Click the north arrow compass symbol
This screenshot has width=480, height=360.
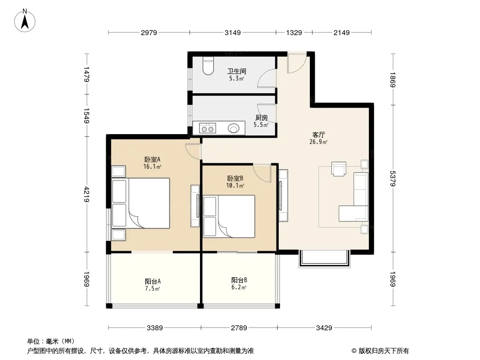(25, 21)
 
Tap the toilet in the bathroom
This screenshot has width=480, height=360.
(208, 66)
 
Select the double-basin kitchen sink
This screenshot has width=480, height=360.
(208, 128)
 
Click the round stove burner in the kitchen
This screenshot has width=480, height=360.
(234, 128)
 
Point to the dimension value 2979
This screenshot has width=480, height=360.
(149, 32)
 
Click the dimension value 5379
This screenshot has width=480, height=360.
(393, 178)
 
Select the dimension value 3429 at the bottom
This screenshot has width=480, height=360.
(324, 328)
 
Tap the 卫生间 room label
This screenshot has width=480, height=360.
(237, 71)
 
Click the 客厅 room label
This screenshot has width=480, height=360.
(318, 135)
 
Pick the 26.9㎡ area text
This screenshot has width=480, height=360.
(318, 142)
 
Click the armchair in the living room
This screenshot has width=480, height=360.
(339, 169)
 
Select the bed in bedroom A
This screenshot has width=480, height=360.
(141, 203)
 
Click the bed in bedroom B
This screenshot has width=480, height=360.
(229, 216)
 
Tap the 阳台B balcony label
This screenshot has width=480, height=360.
(239, 280)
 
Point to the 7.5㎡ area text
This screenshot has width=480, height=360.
(153, 289)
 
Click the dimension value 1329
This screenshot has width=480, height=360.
(294, 32)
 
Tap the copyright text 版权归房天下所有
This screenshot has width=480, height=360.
(384, 351)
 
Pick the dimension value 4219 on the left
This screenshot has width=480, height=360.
(87, 194)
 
